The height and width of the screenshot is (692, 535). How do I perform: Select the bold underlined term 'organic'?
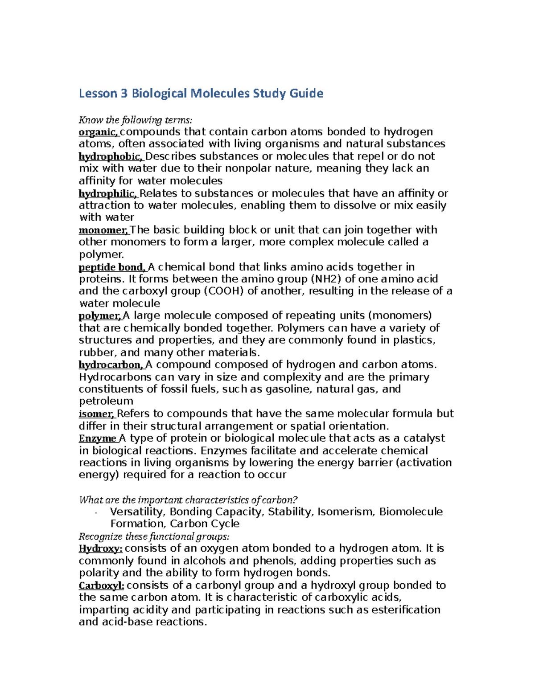coord(98,132)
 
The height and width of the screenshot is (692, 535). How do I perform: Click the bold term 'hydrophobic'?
coord(111,156)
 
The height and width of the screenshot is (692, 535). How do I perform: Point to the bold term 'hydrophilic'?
coord(108,193)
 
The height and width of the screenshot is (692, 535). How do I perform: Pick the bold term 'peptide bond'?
coord(111,267)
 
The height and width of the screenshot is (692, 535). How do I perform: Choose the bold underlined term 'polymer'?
coord(99,316)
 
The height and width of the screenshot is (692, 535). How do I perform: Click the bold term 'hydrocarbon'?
coord(111,365)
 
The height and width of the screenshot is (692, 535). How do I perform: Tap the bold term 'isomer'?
coord(97,414)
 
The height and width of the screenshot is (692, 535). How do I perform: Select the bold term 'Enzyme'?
coord(97,438)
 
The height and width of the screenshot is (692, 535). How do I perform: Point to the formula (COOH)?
coord(224,291)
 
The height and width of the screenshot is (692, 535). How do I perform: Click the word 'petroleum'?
coord(106,401)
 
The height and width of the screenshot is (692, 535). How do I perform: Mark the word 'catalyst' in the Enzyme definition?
coord(423,438)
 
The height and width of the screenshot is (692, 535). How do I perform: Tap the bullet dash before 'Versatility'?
coord(96,513)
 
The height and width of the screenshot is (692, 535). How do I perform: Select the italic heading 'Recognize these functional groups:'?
coord(154,536)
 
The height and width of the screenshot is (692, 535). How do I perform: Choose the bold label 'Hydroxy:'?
coord(100,549)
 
